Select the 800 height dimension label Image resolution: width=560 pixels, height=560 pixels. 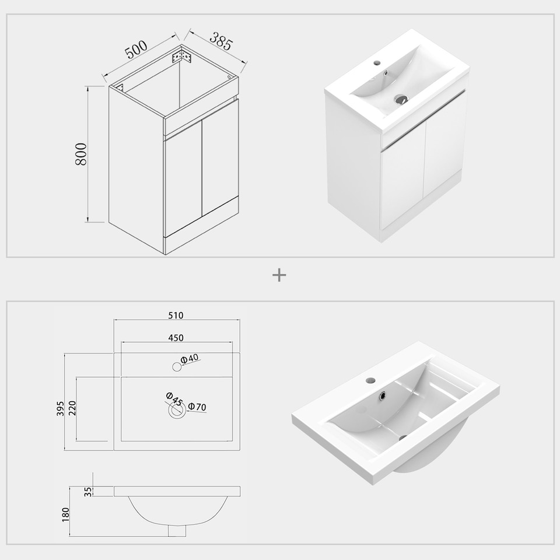click(81, 153)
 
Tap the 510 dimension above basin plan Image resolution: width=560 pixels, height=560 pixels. click(176, 316)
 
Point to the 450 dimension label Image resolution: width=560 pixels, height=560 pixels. click(176, 338)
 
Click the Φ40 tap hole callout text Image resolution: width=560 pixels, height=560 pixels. click(190, 359)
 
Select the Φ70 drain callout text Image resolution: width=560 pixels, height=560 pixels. click(197, 407)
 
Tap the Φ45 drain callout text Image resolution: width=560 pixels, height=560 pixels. click(174, 400)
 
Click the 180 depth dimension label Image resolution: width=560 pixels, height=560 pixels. click(66, 514)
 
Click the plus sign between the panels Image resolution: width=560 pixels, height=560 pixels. click(279, 275)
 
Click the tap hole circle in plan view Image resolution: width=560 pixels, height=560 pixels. click(177, 367)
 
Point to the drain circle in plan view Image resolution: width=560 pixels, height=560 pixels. click(177, 411)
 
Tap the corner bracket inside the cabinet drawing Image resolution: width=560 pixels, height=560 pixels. click(182, 57)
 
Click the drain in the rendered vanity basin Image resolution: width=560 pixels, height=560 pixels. click(401, 99)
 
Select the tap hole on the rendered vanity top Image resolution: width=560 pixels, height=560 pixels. click(377, 62)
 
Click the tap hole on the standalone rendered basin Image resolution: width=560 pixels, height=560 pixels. click(370, 380)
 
